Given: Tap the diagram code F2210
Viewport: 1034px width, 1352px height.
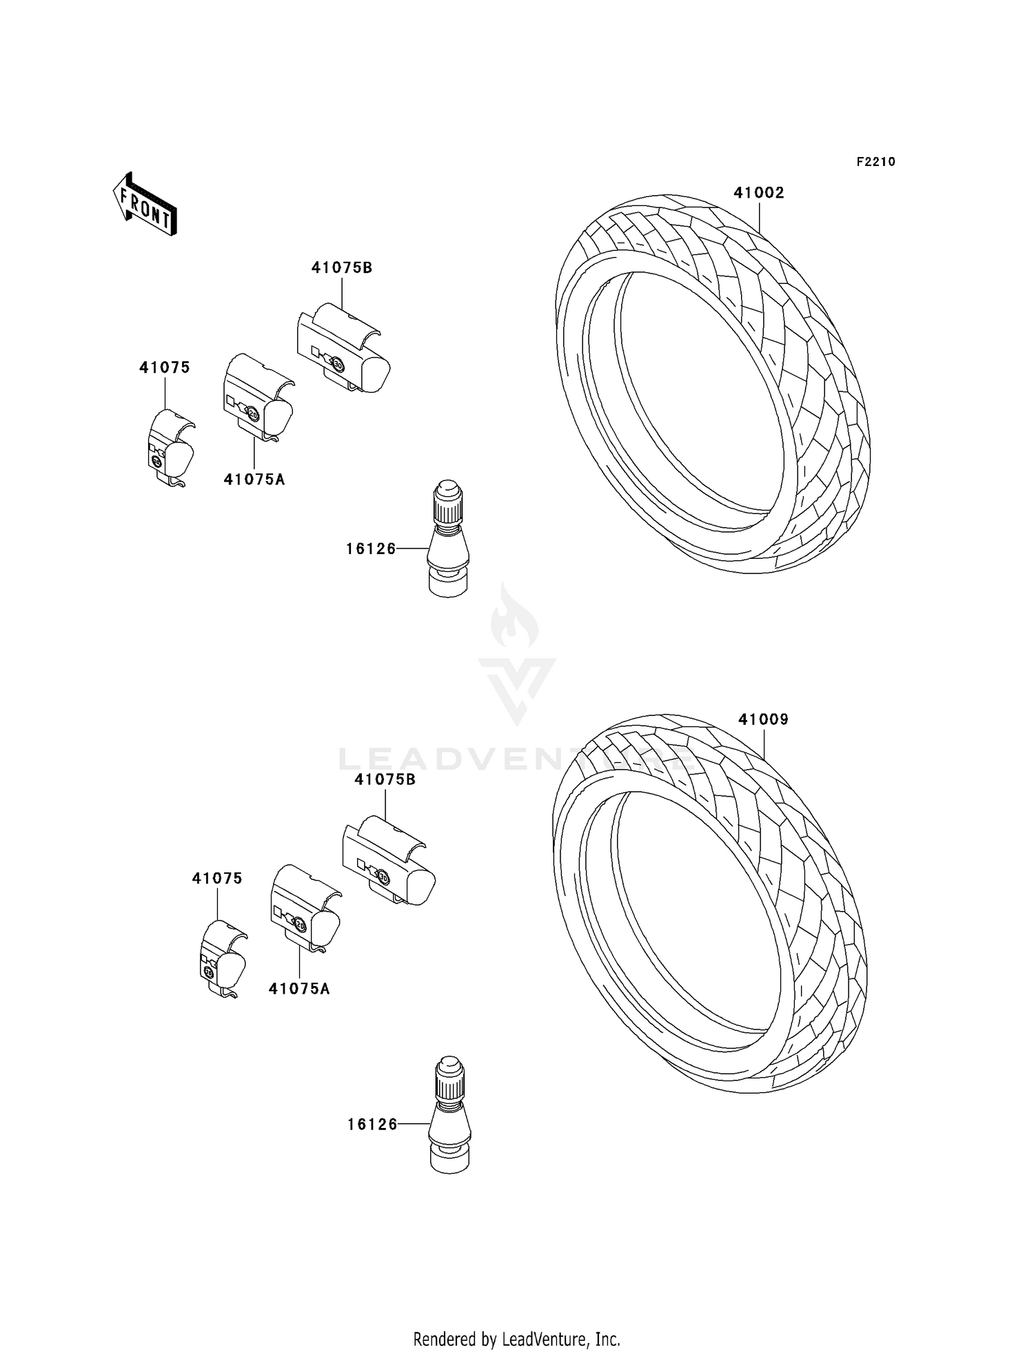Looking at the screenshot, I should (x=875, y=162).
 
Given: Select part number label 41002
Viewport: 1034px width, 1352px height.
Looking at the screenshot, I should (x=758, y=193).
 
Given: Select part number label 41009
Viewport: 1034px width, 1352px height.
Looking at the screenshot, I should (x=763, y=719).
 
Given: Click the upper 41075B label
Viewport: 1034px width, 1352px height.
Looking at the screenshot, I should (x=342, y=268).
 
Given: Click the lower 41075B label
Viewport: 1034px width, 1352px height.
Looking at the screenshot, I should (x=385, y=779).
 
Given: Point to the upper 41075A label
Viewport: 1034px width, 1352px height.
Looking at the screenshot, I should (x=254, y=480).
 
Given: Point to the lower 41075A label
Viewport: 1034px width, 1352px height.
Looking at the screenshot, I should (x=299, y=989).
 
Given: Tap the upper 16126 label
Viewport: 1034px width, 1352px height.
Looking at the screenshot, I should (x=371, y=549).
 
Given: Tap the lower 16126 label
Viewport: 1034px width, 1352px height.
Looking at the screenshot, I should (x=372, y=1124).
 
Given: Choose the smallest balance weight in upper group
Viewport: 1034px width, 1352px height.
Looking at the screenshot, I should (x=170, y=447).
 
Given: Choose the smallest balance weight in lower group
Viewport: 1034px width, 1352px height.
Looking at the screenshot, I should (x=223, y=959).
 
